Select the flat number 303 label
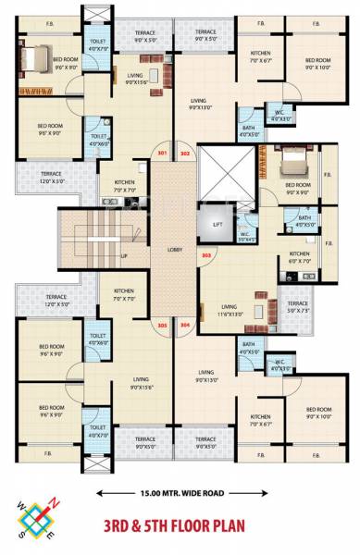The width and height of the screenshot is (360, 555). (x=205, y=253)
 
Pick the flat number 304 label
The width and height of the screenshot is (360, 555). (x=185, y=325)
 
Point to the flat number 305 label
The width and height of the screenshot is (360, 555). (x=163, y=325)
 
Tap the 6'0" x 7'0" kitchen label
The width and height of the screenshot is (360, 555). (x=299, y=258)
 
